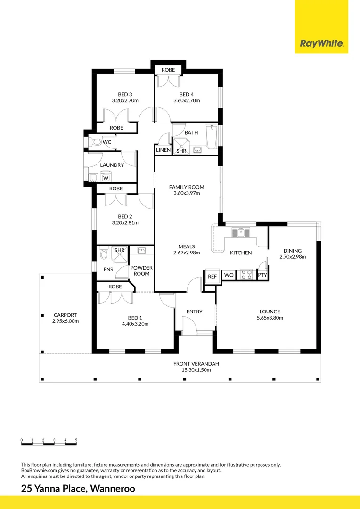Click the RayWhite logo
[x=321, y=44]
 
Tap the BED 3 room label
[x=125, y=94]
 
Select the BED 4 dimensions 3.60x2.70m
[x=187, y=100]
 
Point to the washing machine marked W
[x=106, y=178]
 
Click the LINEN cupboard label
[x=163, y=150]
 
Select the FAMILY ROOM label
[x=187, y=187]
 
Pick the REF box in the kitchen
[x=212, y=276]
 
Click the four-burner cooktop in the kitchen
[x=246, y=274]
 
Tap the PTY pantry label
[x=262, y=275]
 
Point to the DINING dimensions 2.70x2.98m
[x=293, y=257]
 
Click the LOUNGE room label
[x=269, y=312]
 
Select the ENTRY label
[x=194, y=312]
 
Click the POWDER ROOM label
[x=141, y=271]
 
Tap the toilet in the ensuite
[x=104, y=255]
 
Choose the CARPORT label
[x=65, y=315]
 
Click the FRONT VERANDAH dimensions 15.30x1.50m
[x=196, y=370]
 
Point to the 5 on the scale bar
[x=76, y=440]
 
